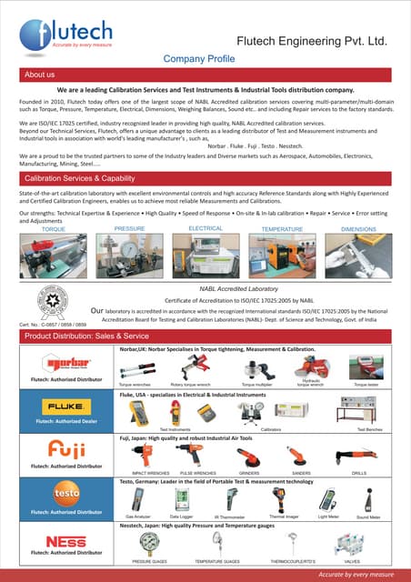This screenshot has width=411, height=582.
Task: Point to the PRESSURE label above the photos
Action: [130, 229]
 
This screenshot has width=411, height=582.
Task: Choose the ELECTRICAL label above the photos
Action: [205, 228]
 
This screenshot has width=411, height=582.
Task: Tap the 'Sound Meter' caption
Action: [368, 517]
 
